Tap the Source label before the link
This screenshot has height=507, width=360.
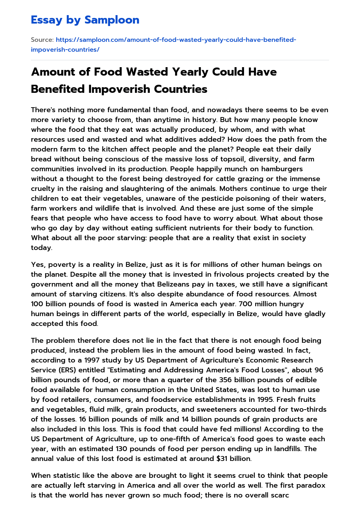pos(42,40)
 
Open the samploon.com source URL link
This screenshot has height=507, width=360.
pos(163,44)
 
